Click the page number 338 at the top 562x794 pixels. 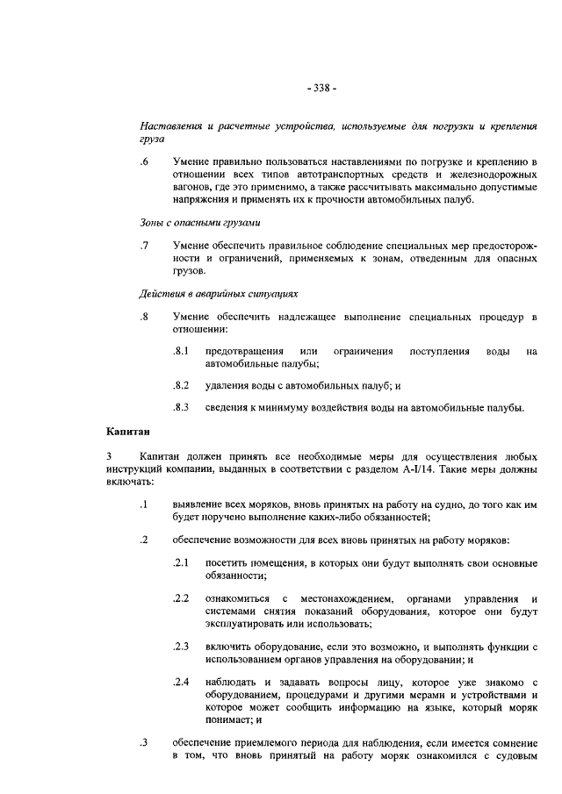coord(322,88)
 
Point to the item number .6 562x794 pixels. coord(144,162)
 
